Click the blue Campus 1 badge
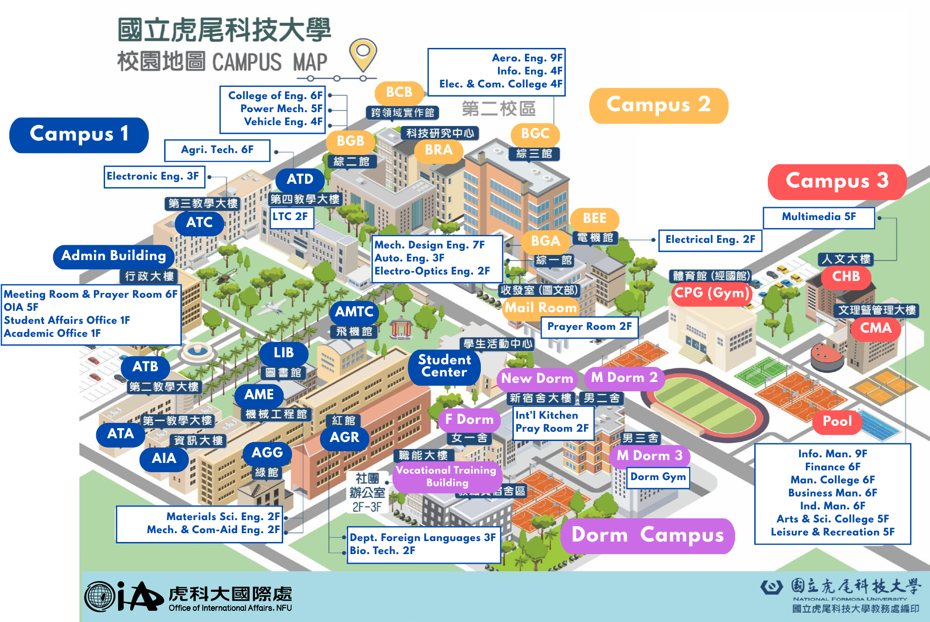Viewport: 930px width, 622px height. coord(79,135)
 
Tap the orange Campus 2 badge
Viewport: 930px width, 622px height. coord(658,106)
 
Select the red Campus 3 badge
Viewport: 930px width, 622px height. coord(837,181)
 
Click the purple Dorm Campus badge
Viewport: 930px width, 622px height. coord(647,535)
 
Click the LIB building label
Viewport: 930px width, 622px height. coord(284,353)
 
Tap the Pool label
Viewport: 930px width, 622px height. coord(837,421)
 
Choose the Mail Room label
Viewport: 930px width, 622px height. coord(540,308)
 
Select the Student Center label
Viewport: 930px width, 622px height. coord(444,366)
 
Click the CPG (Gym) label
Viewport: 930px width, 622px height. coord(711,293)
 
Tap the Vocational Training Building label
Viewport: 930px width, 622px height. coord(447,476)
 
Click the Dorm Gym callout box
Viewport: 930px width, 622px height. coord(658,477)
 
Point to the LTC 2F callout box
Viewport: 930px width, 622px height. coord(291,217)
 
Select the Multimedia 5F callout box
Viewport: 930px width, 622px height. coord(818,217)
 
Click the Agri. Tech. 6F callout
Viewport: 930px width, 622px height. coord(217,150)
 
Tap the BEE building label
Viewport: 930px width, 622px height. coord(594,219)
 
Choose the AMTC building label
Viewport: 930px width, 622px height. coord(354,312)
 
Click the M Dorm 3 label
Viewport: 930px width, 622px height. coord(649,456)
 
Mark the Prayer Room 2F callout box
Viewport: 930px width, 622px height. coord(589,327)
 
